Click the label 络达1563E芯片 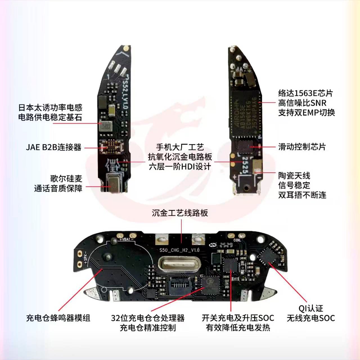pyautogui.click(x=305, y=93)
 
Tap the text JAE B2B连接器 pyautogui.click(x=54, y=147)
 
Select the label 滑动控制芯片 pyautogui.click(x=302, y=147)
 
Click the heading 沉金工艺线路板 pyautogui.click(x=180, y=213)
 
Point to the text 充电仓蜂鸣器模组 pyautogui.click(x=58, y=318)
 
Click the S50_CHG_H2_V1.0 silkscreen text pyautogui.click(x=179, y=250)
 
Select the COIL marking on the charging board pyautogui.click(x=237, y=240)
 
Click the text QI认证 pyautogui.click(x=310, y=309)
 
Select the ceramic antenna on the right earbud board pyautogui.click(x=257, y=166)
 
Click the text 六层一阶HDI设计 pyautogui.click(x=180, y=166)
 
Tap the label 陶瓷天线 pyautogui.click(x=294, y=176)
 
